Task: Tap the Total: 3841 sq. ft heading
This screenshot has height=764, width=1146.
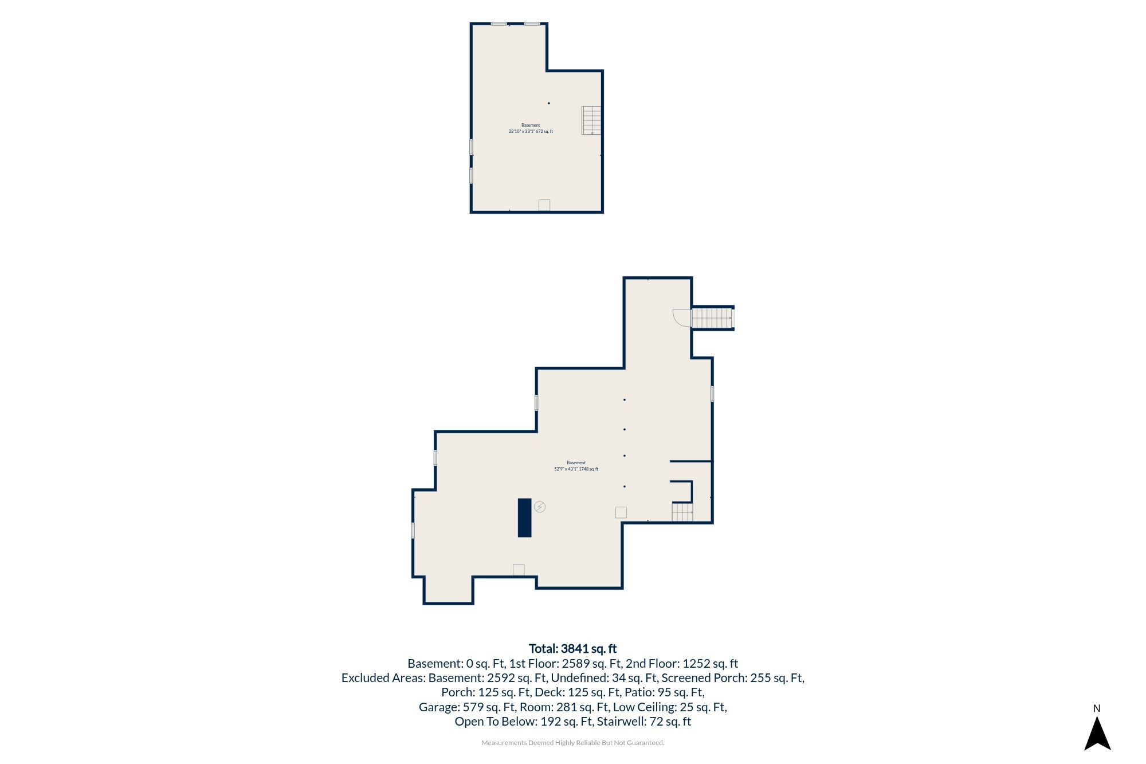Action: (572, 648)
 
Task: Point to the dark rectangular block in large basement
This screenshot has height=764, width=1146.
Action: (524, 518)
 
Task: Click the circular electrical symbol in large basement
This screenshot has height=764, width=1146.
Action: (540, 507)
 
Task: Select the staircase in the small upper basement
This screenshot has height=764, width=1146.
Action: (591, 120)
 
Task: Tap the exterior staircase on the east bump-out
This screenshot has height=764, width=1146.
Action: (712, 318)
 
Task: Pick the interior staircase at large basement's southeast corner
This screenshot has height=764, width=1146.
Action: (682, 512)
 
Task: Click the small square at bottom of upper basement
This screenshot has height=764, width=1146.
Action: (544, 205)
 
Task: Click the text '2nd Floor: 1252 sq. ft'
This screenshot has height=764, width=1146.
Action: (682, 663)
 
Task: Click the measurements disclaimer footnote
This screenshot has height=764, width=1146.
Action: (573, 743)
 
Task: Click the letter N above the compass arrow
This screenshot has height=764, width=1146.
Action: (1097, 708)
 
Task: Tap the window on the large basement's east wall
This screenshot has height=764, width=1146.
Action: (712, 394)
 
